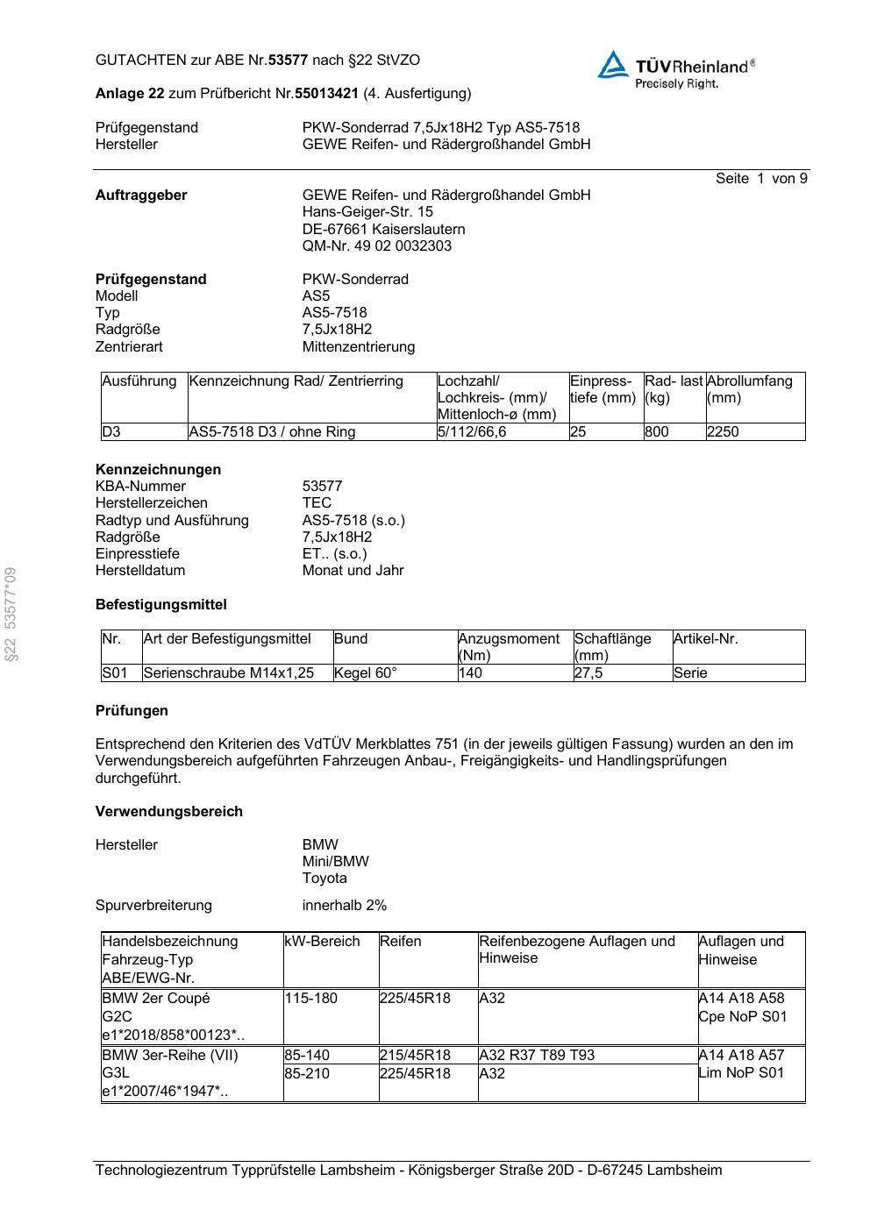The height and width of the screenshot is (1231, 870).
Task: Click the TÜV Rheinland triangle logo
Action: point(614,65)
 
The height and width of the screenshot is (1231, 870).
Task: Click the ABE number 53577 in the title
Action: point(288,60)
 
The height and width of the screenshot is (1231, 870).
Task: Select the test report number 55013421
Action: point(326,93)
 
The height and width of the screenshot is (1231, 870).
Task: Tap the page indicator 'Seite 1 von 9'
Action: point(760,179)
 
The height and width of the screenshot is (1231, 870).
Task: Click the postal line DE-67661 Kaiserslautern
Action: point(383,230)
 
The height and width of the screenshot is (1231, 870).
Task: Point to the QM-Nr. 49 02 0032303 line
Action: point(377,246)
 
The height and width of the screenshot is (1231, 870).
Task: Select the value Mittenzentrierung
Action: point(358,347)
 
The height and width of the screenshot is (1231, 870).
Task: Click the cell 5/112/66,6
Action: point(472,432)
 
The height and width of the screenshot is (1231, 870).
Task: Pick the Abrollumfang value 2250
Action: point(723,432)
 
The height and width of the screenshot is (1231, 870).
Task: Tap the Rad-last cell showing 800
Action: point(656,432)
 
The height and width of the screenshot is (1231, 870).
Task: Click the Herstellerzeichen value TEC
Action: point(317,503)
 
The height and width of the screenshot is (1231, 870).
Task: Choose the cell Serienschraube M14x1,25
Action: point(228,673)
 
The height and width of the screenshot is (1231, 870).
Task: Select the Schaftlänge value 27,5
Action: point(588,673)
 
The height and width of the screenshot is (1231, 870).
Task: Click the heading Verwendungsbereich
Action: point(168,812)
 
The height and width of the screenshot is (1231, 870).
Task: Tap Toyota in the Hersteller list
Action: point(324,879)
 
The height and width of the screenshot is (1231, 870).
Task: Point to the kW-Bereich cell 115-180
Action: point(310,999)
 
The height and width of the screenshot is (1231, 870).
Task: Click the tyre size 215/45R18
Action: point(415,1056)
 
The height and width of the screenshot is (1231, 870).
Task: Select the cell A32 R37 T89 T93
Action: point(537,1056)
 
